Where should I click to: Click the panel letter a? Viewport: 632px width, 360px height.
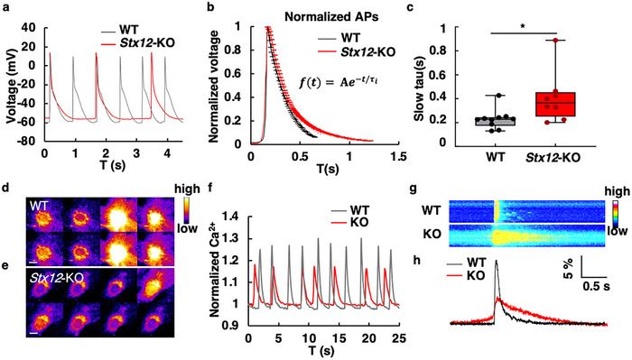point(6,8)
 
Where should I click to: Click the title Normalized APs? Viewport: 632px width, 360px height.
point(332,17)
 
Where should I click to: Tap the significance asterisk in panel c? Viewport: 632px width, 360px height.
point(523,26)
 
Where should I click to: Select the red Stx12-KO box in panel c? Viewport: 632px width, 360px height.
point(555,105)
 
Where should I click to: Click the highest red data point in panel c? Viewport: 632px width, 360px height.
point(555,41)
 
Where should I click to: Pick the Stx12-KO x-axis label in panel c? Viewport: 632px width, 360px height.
point(553,158)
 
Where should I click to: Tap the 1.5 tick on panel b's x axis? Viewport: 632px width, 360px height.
point(398,156)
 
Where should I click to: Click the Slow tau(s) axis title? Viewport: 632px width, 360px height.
point(421,87)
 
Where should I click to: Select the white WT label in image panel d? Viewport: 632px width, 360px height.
point(38,207)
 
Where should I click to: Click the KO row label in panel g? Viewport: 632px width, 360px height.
point(432,234)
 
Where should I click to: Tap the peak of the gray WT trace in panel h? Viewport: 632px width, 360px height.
point(496,261)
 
